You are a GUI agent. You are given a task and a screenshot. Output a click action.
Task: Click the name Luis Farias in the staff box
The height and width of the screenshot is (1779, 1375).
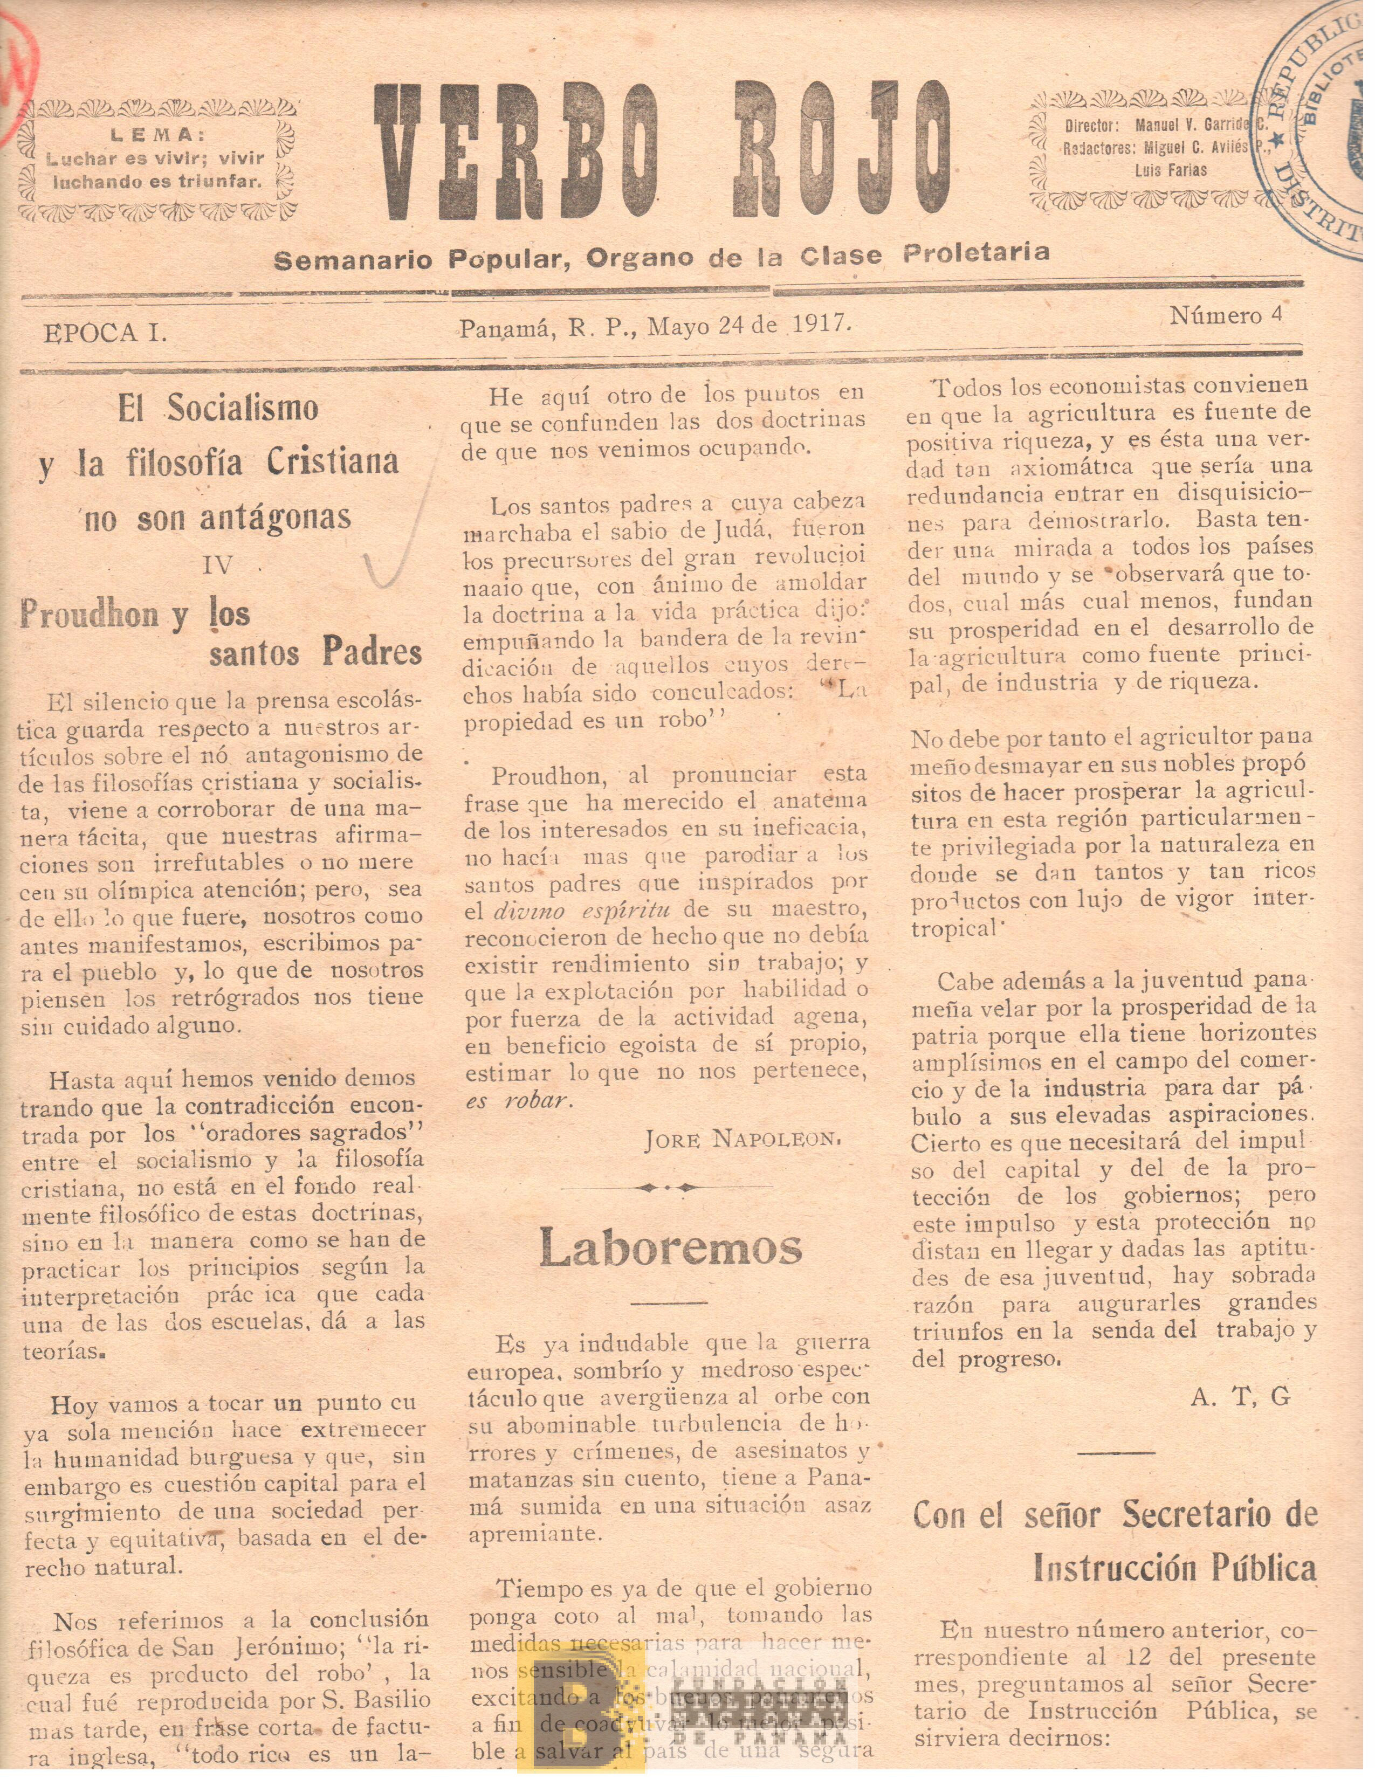(1171, 171)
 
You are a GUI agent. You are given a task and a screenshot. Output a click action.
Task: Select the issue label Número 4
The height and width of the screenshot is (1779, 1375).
(1225, 316)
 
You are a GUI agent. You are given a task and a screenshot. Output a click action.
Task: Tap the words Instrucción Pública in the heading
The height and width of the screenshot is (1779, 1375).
(1174, 1568)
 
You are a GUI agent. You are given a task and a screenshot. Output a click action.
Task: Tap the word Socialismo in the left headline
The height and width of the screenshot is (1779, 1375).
(242, 408)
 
